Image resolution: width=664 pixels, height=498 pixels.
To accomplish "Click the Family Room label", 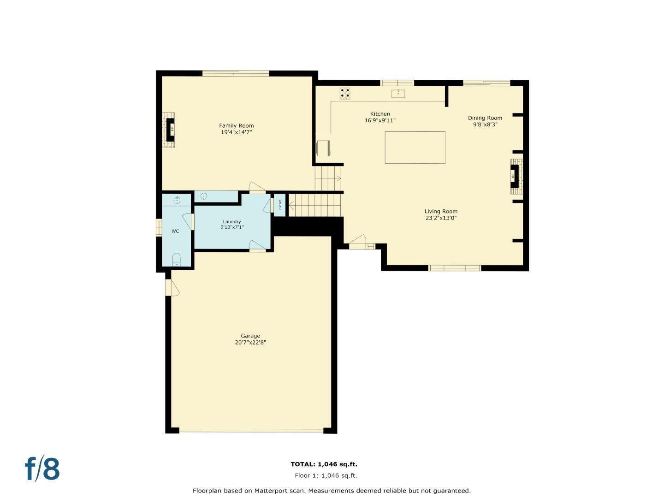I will [x=236, y=125].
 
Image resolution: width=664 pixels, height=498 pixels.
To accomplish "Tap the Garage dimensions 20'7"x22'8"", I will [x=250, y=343].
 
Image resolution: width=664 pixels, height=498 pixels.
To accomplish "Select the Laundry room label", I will [x=231, y=221].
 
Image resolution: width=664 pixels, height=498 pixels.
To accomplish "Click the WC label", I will [x=175, y=231].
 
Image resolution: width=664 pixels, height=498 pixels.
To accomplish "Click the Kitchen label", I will [x=380, y=114].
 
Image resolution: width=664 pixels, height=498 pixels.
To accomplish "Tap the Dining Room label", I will [x=485, y=118].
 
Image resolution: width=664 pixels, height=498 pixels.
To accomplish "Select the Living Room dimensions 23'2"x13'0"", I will [x=441, y=218].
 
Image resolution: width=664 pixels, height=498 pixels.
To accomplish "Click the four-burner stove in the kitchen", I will [x=345, y=93].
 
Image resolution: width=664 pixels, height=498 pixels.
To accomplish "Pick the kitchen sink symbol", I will [x=398, y=94].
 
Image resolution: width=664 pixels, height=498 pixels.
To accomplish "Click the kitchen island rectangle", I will [x=415, y=148].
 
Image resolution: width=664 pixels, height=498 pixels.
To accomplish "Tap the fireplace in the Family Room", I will [x=170, y=130].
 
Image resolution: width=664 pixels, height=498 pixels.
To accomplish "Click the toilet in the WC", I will [x=177, y=260].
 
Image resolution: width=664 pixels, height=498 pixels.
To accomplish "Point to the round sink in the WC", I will [x=177, y=200].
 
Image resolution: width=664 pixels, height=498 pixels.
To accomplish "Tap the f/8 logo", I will [x=42, y=469].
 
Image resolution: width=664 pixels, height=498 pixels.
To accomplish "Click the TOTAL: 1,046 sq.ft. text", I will [x=324, y=464].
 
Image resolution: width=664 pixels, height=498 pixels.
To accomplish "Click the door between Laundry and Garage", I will [x=257, y=246].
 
